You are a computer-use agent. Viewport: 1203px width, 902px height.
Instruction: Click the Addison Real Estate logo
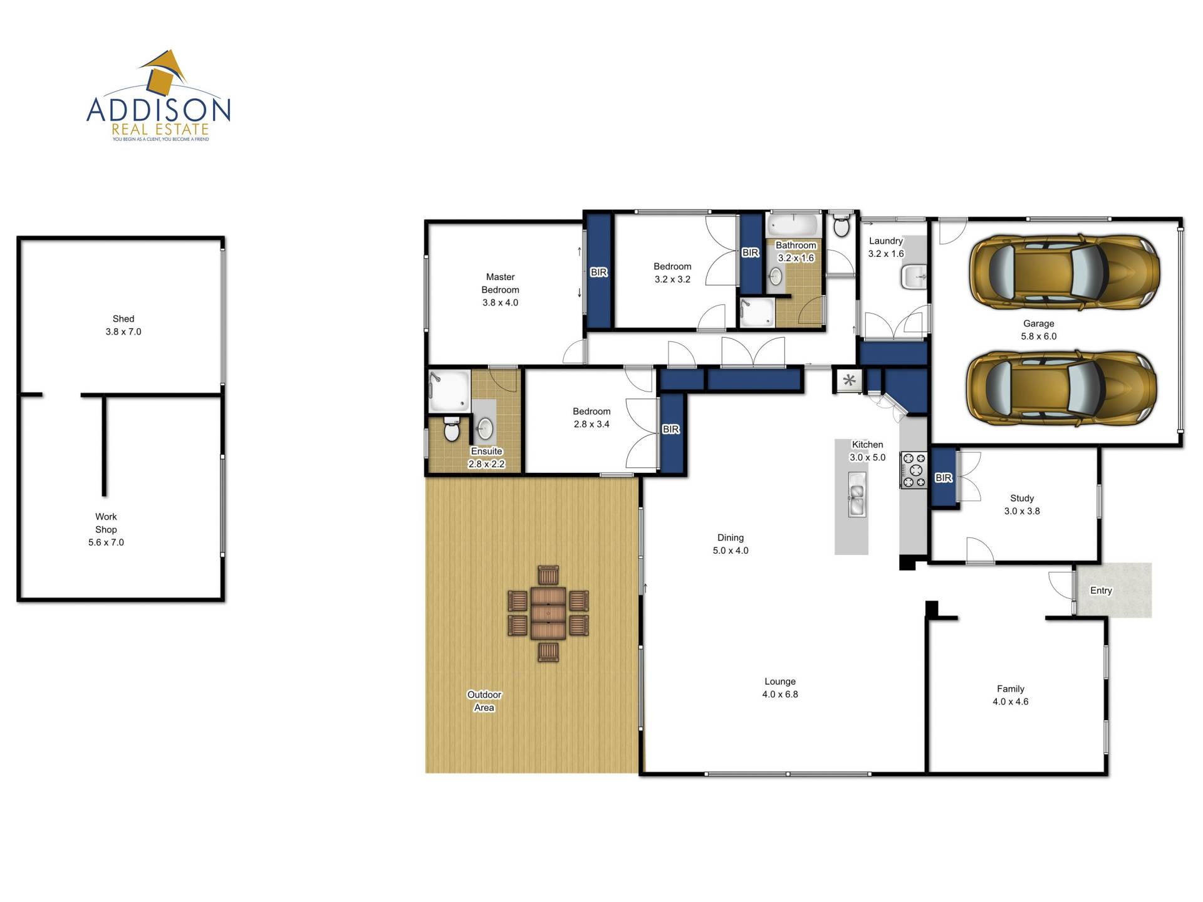coord(159,96)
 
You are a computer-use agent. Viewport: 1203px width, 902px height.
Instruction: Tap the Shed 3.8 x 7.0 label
coord(123,325)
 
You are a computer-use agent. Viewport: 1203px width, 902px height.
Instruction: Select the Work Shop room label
coord(106,523)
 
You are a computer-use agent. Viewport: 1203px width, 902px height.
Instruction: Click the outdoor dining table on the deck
coord(548,613)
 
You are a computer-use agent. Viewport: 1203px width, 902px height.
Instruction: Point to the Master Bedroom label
coord(500,283)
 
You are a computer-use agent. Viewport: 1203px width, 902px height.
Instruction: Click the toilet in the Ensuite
coord(451,428)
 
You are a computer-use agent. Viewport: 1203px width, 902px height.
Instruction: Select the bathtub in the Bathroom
coord(793,225)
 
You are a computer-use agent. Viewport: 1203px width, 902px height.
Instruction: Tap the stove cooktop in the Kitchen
coord(914,470)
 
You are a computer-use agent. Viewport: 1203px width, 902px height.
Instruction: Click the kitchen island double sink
coord(857,494)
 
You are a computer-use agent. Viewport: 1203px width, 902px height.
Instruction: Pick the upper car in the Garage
coord(1064,272)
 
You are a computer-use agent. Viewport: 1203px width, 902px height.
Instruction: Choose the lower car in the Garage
coord(1061,388)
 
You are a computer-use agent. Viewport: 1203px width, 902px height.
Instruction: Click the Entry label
coord(1101,591)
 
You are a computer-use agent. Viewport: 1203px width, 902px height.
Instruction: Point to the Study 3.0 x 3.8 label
coord(1022,504)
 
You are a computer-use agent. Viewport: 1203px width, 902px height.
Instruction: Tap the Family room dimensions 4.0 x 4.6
coord(1010,702)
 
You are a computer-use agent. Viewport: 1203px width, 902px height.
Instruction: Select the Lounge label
coord(780,682)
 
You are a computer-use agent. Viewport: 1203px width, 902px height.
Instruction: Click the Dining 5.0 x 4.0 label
coord(731,544)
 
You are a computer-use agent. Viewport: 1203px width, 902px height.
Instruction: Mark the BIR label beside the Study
coord(944,478)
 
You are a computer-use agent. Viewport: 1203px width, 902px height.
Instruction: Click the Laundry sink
coord(914,277)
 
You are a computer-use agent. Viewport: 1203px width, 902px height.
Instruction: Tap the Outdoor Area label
coord(484,701)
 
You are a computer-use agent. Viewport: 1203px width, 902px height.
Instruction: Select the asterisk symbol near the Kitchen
coord(850,380)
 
